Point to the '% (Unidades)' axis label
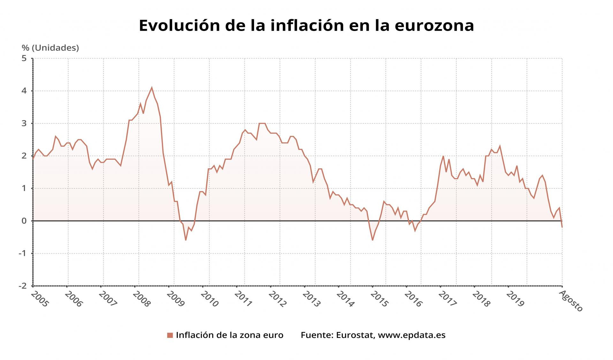click(x=50, y=48)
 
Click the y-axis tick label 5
click(x=24, y=58)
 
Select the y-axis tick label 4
click(x=24, y=91)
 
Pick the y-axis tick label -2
click(x=23, y=286)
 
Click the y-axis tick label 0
click(x=24, y=221)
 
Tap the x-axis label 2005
click(x=40, y=299)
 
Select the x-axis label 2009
click(x=175, y=299)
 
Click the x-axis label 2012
click(x=277, y=299)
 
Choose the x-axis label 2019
click(x=515, y=299)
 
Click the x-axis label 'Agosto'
click(x=571, y=301)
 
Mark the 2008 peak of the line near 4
click(x=152, y=88)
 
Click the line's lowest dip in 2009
click(x=185, y=240)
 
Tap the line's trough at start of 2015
click(x=372, y=240)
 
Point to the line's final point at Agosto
click(x=562, y=227)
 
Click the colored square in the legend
click(x=170, y=335)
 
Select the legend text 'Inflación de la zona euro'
click(x=230, y=335)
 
